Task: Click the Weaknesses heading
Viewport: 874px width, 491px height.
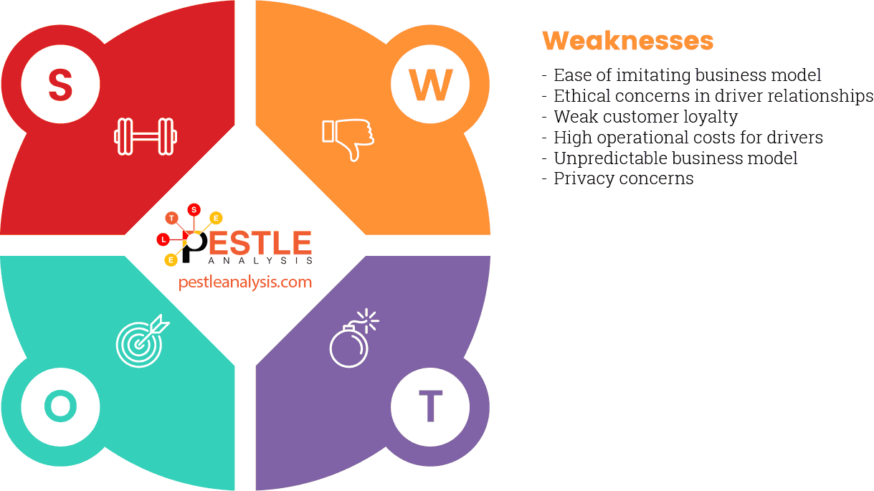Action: pos(627,41)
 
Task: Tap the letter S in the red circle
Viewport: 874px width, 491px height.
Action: pos(60,85)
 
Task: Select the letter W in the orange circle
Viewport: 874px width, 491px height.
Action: pos(430,85)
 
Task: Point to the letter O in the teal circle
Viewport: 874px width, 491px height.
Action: pos(60,407)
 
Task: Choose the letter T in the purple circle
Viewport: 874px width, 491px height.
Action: pos(430,407)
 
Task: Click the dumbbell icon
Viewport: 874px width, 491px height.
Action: pos(146,136)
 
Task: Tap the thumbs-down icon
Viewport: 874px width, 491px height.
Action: pos(348,138)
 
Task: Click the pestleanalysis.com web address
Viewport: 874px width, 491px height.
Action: pos(245,282)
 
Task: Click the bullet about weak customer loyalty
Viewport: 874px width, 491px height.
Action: pos(645,116)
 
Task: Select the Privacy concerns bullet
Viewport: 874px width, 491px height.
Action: pos(623,178)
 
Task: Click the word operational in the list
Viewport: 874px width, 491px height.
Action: pos(646,137)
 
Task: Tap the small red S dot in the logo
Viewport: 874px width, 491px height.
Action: pos(194,210)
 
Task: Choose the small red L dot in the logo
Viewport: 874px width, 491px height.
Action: pos(163,239)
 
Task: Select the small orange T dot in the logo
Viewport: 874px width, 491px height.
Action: pos(171,217)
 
